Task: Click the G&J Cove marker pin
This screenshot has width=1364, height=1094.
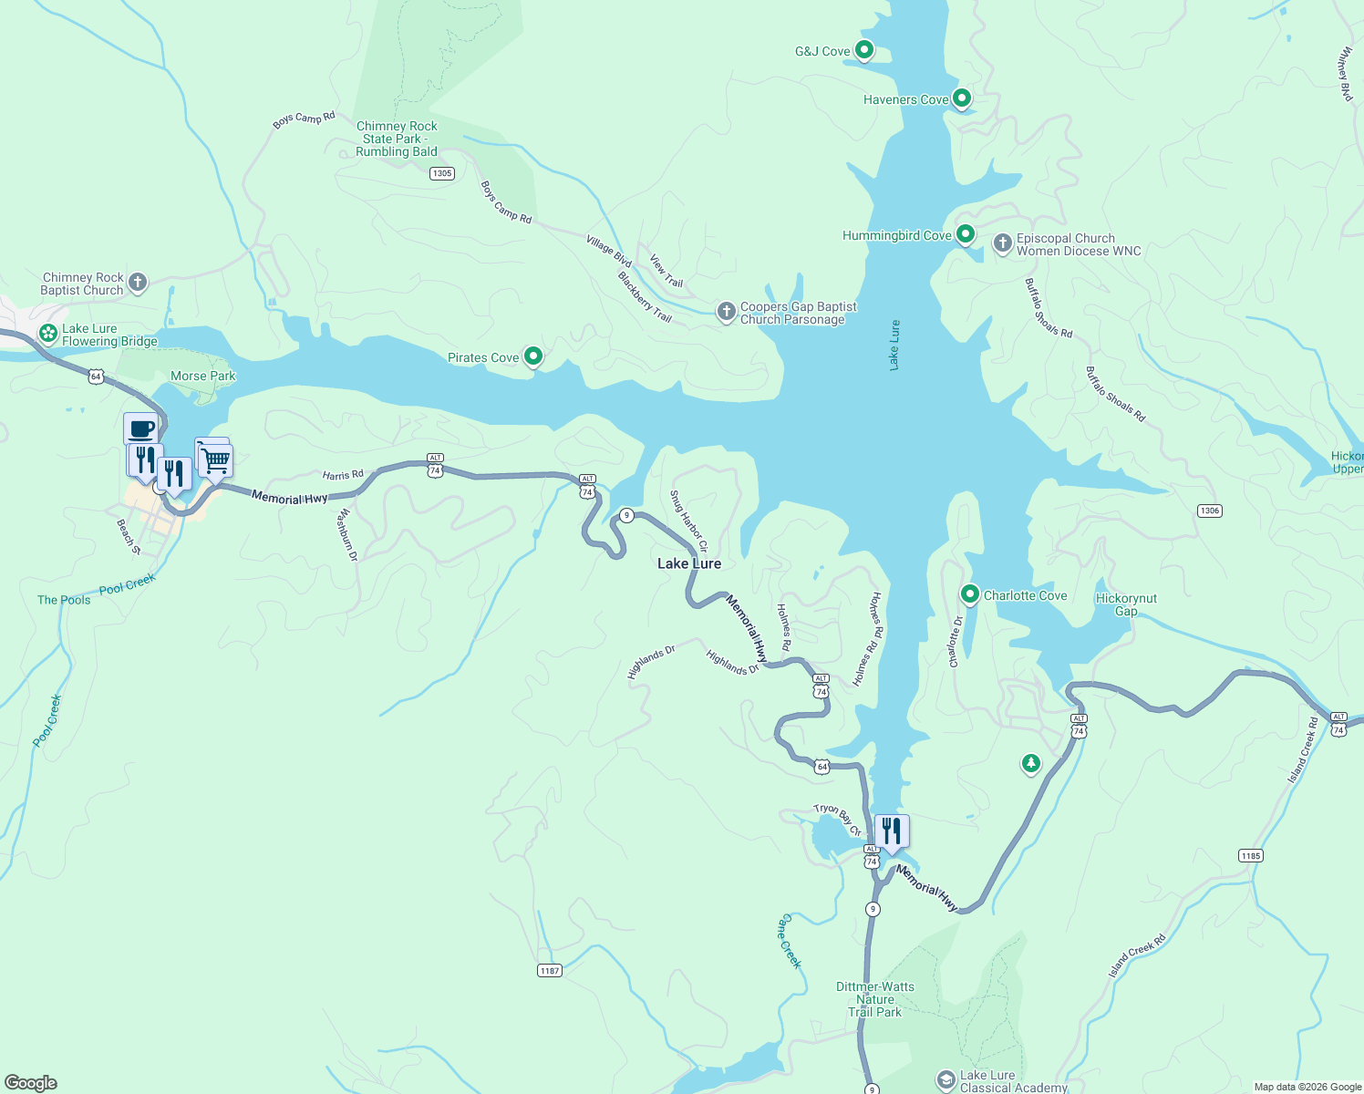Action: pyautogui.click(x=863, y=50)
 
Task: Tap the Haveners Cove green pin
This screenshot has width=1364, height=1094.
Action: pyautogui.click(x=961, y=98)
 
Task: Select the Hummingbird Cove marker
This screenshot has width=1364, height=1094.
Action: pyautogui.click(x=965, y=234)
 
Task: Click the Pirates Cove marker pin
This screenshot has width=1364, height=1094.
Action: pyautogui.click(x=533, y=356)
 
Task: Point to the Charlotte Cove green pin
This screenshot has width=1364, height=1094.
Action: pyautogui.click(x=969, y=594)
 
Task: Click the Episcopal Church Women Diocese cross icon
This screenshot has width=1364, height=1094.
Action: pyautogui.click(x=1002, y=243)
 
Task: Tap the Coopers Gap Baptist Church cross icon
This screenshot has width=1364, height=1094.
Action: pyautogui.click(x=726, y=313)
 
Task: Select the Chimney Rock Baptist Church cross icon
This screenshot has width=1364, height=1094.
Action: pyautogui.click(x=138, y=283)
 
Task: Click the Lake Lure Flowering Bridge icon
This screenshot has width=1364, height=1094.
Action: pyautogui.click(x=48, y=334)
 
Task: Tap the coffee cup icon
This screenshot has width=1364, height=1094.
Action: pyautogui.click(x=141, y=428)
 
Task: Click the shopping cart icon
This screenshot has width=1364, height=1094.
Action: pyautogui.click(x=216, y=459)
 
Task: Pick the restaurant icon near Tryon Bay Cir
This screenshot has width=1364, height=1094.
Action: pyautogui.click(x=891, y=831)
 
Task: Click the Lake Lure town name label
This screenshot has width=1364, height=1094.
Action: pyautogui.click(x=689, y=563)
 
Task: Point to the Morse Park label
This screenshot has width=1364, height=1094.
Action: pyautogui.click(x=202, y=376)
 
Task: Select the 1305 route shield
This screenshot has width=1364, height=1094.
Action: pyautogui.click(x=441, y=173)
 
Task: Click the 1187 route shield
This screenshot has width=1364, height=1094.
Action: pyautogui.click(x=549, y=971)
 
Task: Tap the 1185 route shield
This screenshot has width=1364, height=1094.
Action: pyautogui.click(x=1250, y=855)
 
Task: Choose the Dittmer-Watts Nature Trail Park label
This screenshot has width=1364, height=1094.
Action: pyautogui.click(x=874, y=999)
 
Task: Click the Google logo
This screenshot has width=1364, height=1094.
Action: pyautogui.click(x=31, y=1082)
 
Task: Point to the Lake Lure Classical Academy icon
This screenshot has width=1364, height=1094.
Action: pyautogui.click(x=946, y=1080)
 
